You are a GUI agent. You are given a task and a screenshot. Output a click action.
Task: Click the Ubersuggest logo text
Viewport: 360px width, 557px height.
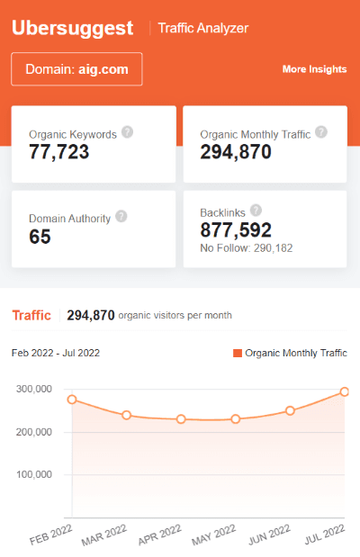(72, 27)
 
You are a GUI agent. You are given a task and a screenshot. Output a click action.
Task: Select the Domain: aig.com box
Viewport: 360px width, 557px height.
(76, 69)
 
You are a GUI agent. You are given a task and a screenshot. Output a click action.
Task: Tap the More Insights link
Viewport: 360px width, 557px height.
(314, 69)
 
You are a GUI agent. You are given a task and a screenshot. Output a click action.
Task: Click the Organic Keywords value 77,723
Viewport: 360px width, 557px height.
(59, 152)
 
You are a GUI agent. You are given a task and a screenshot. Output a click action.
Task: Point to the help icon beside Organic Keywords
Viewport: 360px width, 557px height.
(127, 132)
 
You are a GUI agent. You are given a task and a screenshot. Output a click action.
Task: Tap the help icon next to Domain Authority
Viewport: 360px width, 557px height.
(121, 216)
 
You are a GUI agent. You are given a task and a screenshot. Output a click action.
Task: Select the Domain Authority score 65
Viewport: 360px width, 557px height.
(40, 237)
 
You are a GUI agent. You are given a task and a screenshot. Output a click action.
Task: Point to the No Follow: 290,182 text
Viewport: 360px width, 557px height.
(246, 247)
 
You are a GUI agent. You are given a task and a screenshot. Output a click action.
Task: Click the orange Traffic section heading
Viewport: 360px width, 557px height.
(31, 315)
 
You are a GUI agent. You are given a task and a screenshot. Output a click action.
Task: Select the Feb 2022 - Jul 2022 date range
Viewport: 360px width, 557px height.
(56, 353)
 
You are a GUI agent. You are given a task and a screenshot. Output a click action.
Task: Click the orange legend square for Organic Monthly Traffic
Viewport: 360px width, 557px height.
(238, 354)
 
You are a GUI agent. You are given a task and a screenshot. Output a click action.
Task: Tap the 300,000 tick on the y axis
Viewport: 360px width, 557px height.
(33, 390)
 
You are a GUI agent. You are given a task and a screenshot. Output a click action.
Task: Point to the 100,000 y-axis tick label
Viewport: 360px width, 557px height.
(33, 474)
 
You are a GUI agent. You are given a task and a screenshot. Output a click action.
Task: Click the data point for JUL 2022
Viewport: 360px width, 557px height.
(344, 391)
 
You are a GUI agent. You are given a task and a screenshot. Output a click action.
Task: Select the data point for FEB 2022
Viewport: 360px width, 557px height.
(72, 400)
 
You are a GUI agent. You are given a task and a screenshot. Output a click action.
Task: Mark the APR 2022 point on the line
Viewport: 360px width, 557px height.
(181, 419)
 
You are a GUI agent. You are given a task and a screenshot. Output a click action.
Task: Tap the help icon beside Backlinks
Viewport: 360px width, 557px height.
(256, 211)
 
